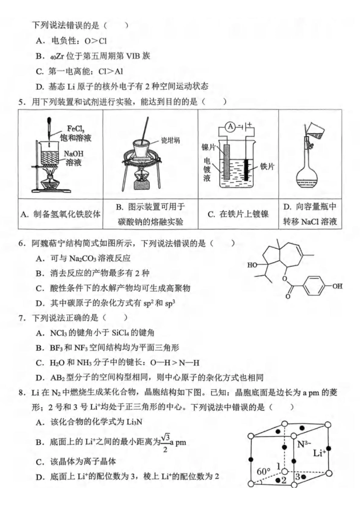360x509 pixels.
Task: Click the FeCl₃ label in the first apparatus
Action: (76, 129)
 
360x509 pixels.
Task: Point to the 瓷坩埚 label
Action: (170, 141)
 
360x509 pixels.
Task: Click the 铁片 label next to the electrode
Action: (267, 166)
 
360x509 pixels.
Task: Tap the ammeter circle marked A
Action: (230, 127)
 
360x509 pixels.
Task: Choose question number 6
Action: (22, 244)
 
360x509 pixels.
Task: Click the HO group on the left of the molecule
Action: (252, 265)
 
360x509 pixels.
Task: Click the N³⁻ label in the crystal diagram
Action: (304, 444)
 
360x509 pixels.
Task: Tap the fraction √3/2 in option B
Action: (165, 443)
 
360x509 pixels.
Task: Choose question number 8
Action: (22, 392)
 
